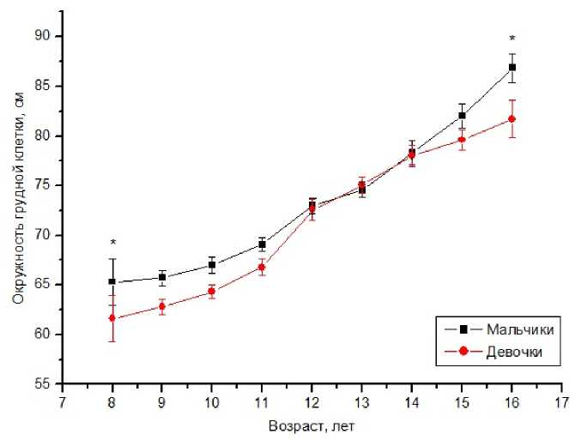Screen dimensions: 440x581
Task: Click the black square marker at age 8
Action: click(x=112, y=281)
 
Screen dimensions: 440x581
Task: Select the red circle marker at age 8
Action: click(x=112, y=318)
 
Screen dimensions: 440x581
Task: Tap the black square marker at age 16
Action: click(x=512, y=67)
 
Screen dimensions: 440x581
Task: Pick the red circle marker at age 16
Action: click(x=512, y=118)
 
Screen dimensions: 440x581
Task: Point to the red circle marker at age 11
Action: click(x=262, y=268)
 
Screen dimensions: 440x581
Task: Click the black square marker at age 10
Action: click(x=212, y=265)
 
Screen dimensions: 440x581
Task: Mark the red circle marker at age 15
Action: click(x=462, y=140)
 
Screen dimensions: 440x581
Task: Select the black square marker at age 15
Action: click(x=462, y=115)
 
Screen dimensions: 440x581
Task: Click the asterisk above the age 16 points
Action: click(x=512, y=39)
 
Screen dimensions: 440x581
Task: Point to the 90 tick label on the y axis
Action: click(x=42, y=36)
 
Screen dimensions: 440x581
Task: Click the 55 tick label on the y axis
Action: click(x=42, y=383)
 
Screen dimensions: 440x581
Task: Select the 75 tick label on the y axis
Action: click(x=42, y=185)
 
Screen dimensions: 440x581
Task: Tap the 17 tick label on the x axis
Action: click(x=562, y=401)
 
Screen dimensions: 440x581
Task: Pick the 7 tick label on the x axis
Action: click(x=62, y=401)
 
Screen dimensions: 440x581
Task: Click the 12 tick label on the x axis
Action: click(x=312, y=401)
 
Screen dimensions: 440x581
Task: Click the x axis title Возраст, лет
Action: click(x=311, y=425)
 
